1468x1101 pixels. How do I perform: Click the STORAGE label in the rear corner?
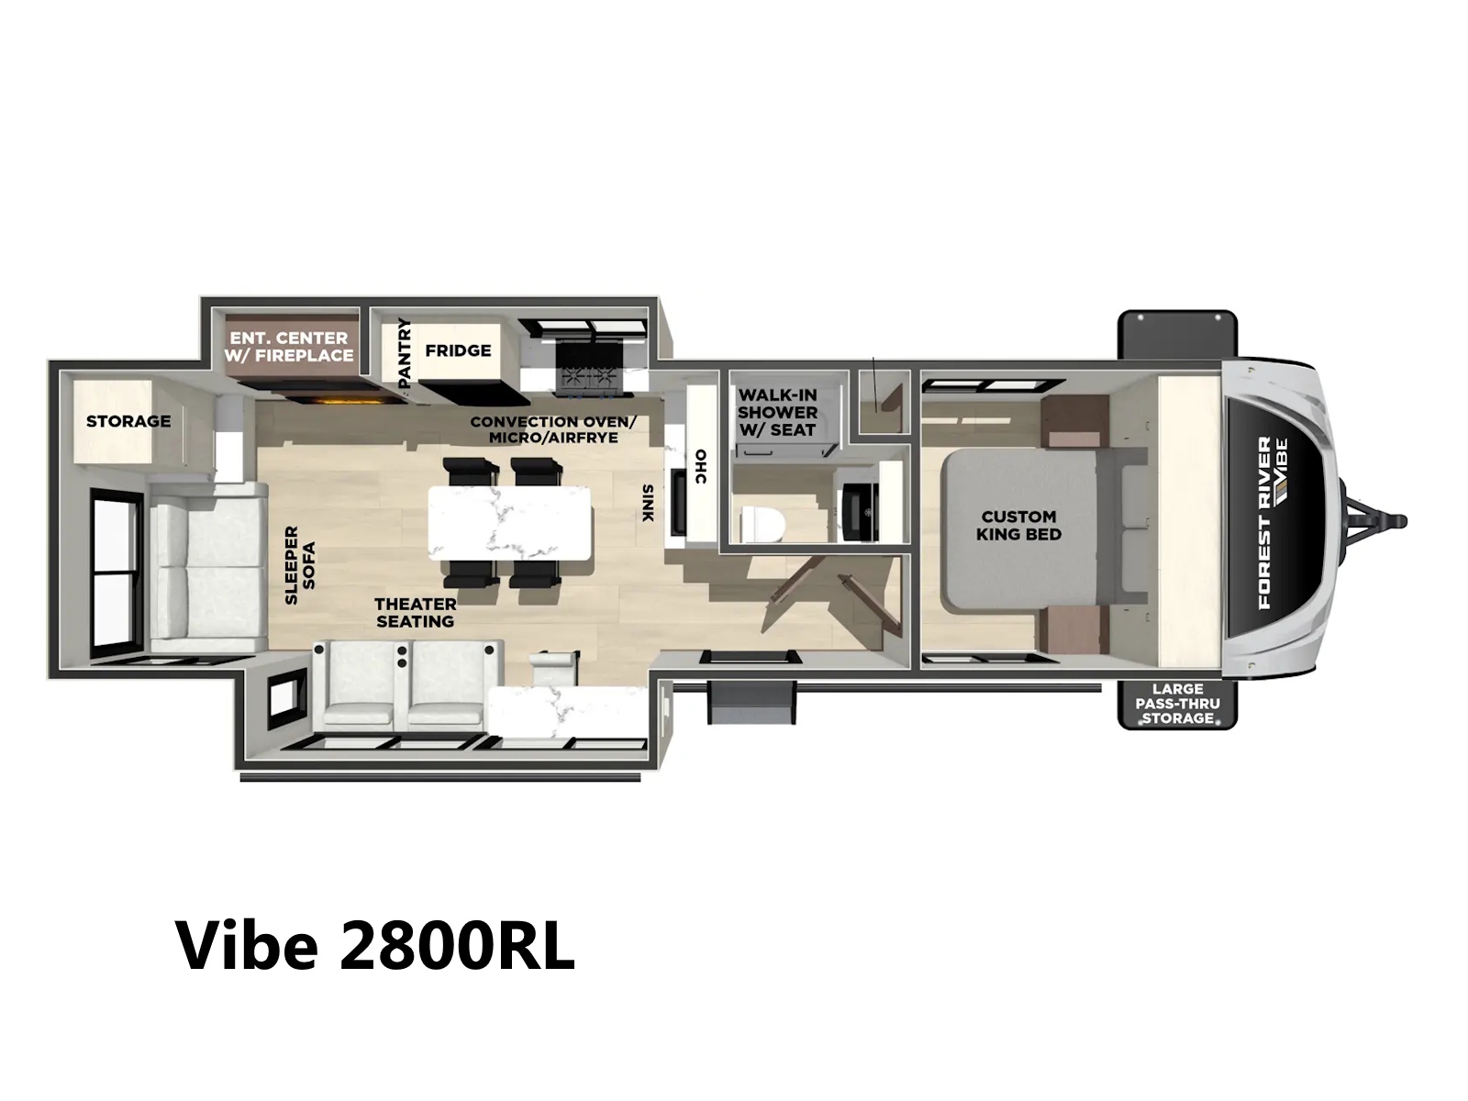[x=128, y=421]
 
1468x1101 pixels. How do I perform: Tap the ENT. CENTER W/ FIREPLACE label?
[x=289, y=347]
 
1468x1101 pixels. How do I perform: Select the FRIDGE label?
[x=458, y=350]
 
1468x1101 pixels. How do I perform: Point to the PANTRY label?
[x=404, y=353]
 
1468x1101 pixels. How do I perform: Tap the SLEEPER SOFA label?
[x=300, y=565]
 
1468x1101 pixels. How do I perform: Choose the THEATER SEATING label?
[x=416, y=612]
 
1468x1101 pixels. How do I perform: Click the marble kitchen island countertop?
[x=509, y=523]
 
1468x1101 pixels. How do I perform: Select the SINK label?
[x=647, y=503]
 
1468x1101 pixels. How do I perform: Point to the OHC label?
[x=700, y=466]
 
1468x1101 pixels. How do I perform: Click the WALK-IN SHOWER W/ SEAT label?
[x=778, y=413]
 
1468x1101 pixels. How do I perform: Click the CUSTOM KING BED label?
[x=1018, y=526]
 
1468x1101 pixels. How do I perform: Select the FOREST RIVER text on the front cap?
[x=1264, y=523]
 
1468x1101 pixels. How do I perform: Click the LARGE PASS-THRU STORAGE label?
[x=1177, y=703]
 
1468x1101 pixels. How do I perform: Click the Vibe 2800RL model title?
[x=374, y=946]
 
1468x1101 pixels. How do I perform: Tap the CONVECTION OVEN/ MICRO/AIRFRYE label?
[x=553, y=429]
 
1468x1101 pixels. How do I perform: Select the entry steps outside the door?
[x=752, y=703]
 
